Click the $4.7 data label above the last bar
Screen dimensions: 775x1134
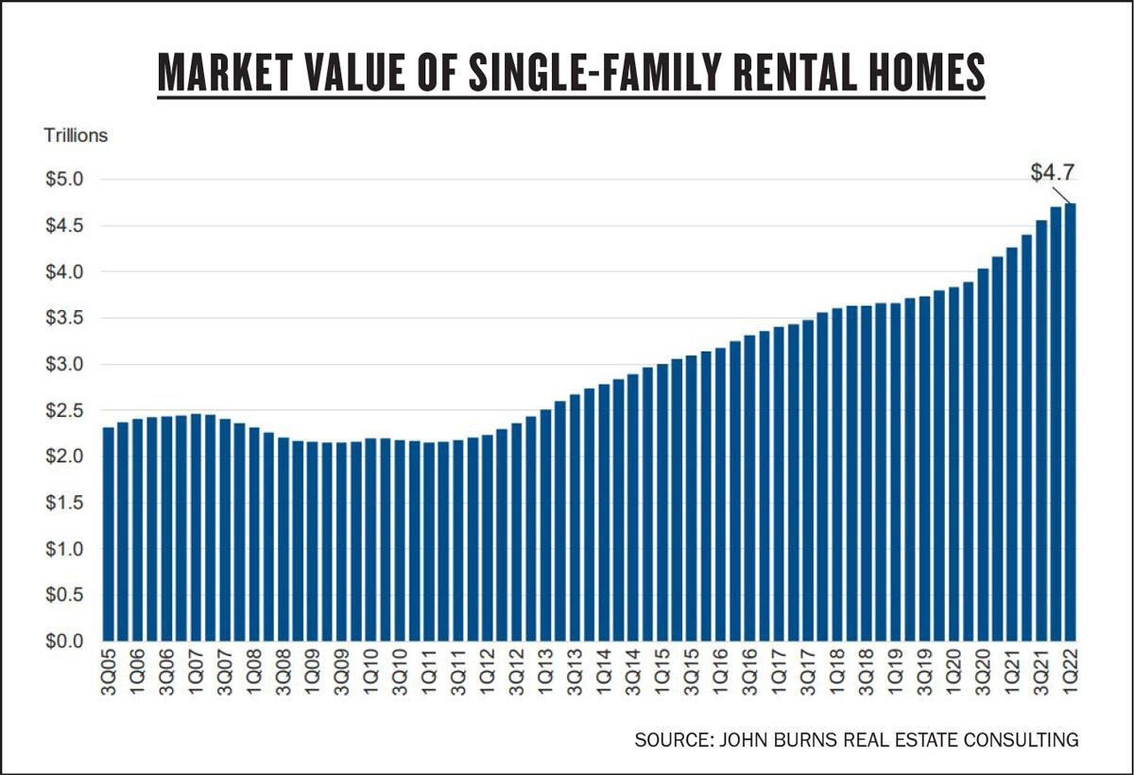[1051, 172]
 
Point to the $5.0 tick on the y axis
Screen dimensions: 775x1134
[65, 180]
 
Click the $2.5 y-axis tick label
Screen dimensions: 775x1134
[65, 411]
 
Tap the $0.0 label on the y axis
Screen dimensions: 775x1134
[65, 642]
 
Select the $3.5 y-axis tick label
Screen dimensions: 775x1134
[65, 319]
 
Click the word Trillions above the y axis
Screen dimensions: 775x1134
[76, 135]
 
